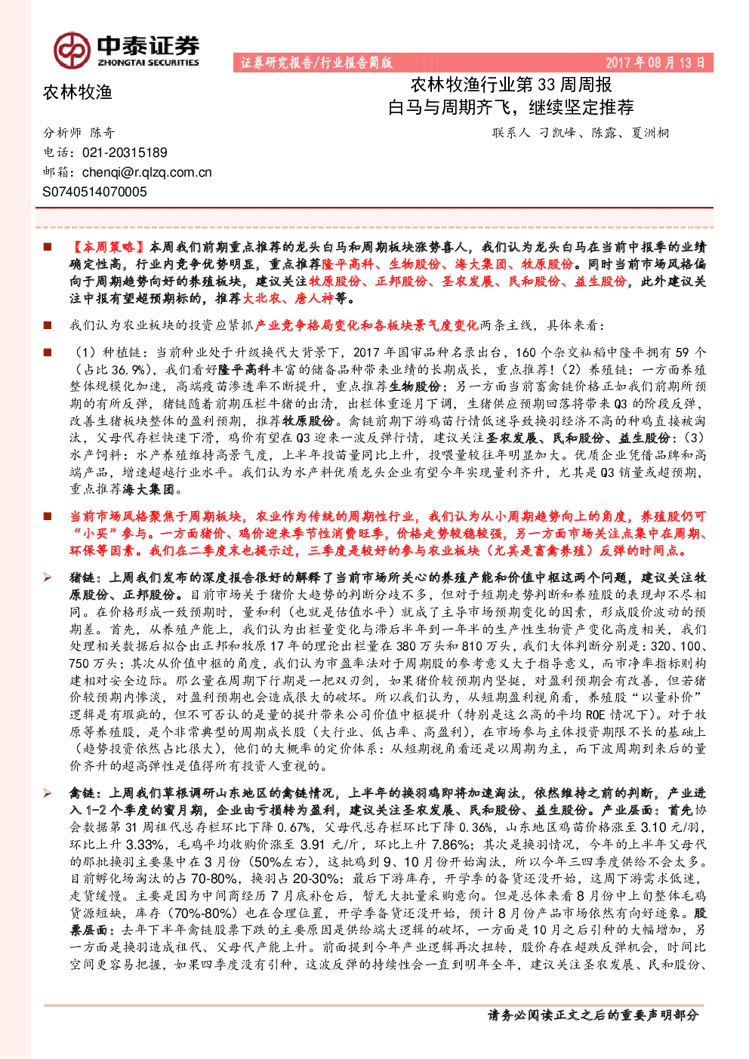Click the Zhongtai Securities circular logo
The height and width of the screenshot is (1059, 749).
click(72, 50)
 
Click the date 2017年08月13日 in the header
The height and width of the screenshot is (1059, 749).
click(655, 63)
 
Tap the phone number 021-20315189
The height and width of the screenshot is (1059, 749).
click(125, 152)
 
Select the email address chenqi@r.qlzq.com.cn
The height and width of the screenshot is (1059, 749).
click(147, 172)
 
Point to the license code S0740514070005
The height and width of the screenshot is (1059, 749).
click(94, 192)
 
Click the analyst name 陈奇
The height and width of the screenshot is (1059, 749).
click(103, 132)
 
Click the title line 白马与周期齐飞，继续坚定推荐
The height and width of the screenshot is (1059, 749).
click(510, 107)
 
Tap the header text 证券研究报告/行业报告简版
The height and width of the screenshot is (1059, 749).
click(316, 63)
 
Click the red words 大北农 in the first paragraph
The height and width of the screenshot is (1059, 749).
click(261, 298)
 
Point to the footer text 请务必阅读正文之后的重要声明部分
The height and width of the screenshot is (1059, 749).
click(593, 1014)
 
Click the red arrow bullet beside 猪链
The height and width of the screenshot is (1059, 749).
click(48, 577)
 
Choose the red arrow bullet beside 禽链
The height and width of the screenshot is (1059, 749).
click(48, 793)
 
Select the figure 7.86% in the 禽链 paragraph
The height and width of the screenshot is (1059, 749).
click(451, 845)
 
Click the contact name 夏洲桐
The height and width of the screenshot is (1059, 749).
click(650, 133)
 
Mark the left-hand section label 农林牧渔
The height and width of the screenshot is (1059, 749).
click(78, 92)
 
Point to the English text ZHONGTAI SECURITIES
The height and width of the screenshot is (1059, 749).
click(149, 63)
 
